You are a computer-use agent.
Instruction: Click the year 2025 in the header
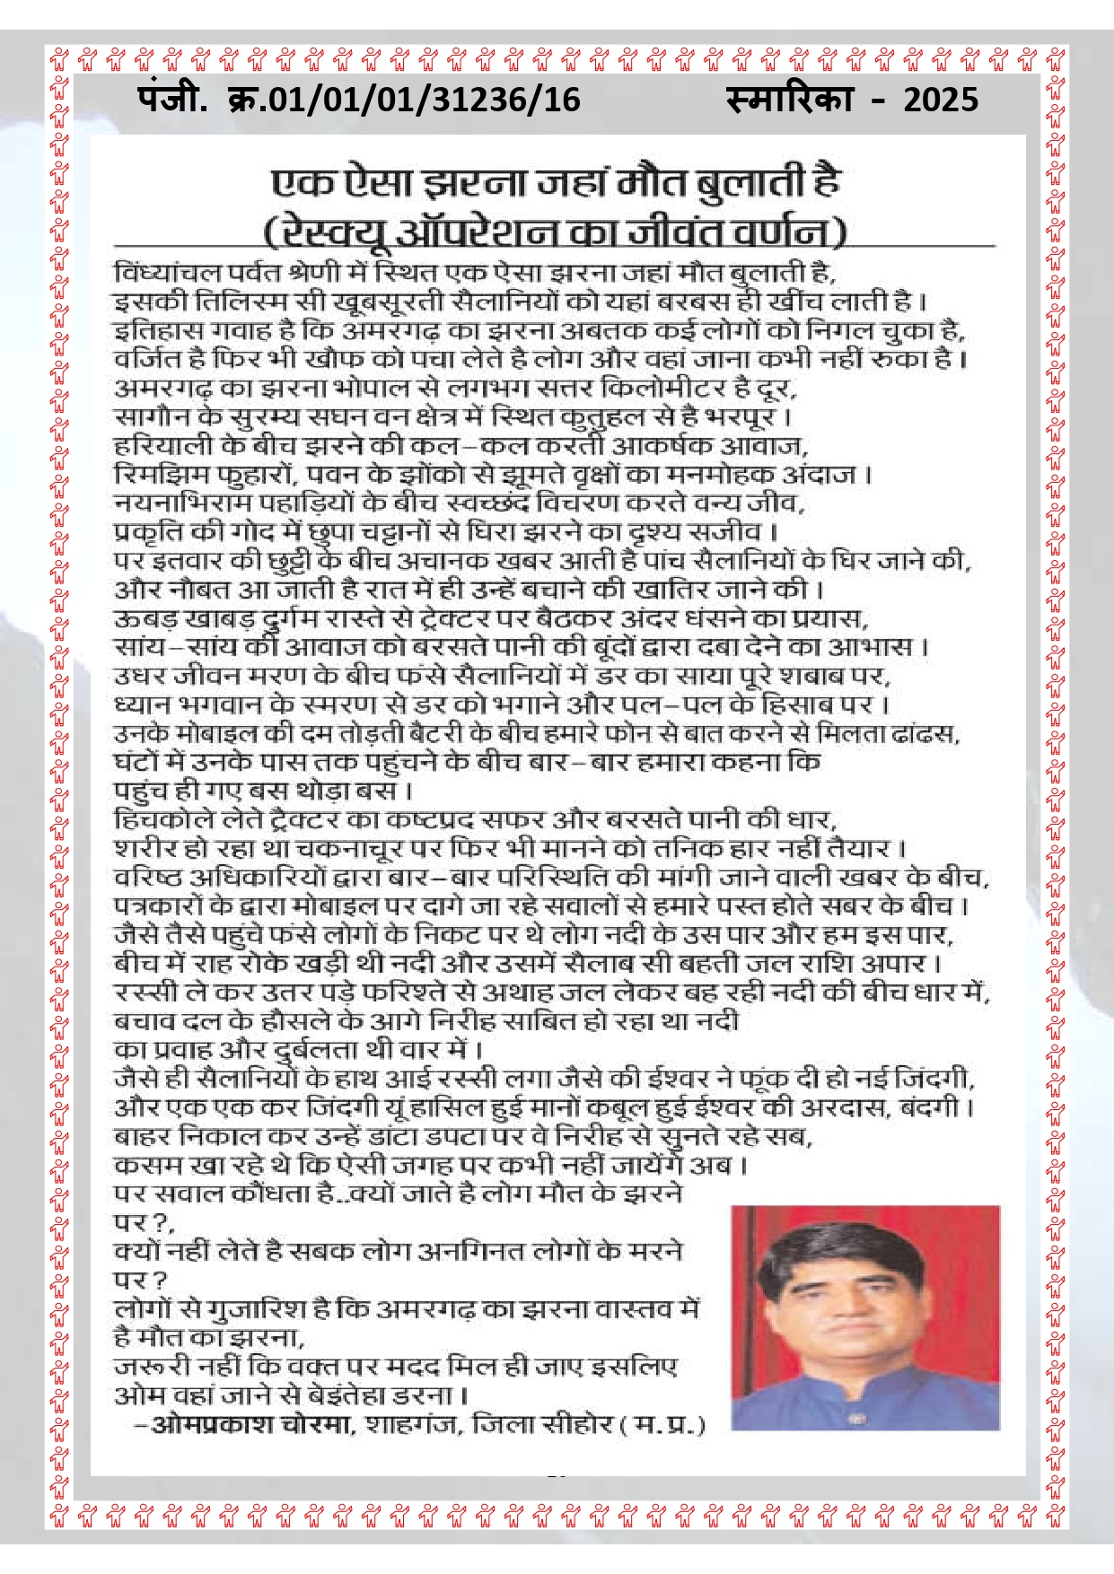pos(940,99)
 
